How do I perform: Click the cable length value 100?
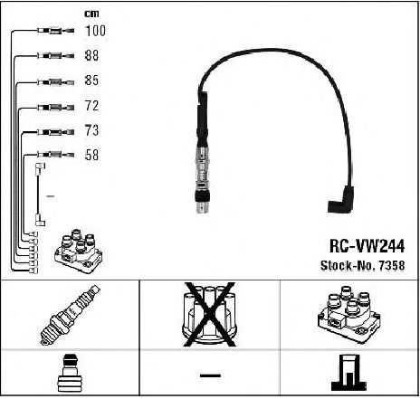[95, 31]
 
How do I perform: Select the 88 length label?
[91, 55]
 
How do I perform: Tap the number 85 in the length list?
[91, 81]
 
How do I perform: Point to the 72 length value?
[91, 106]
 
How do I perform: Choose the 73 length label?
[91, 130]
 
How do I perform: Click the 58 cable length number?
[91, 155]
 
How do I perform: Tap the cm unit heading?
[91, 14]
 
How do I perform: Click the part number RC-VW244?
[367, 246]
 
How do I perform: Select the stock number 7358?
[362, 265]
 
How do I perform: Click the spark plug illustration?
[70, 315]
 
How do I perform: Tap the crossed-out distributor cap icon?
[210, 314]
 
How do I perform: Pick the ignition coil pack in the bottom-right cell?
[348, 314]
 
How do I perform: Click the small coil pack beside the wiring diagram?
[79, 251]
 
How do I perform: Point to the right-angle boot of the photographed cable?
[341, 200]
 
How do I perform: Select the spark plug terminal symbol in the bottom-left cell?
[70, 373]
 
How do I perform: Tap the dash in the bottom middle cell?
[210, 375]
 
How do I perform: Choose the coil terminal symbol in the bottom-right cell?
[348, 373]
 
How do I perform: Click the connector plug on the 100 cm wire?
[56, 31]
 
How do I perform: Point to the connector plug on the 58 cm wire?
[56, 155]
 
